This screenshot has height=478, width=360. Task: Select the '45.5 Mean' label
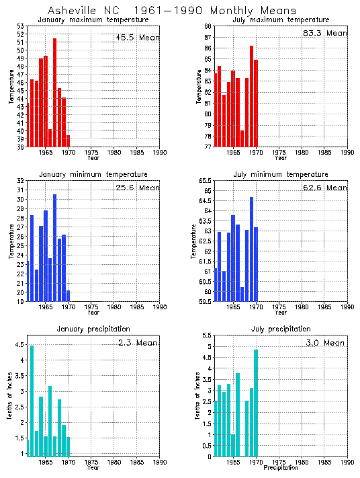(136, 37)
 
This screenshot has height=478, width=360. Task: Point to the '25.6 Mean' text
(136, 188)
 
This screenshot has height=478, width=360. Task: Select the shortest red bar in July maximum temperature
(242, 138)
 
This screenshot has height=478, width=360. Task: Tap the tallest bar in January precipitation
(32, 401)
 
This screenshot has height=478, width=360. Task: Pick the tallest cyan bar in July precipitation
(256, 403)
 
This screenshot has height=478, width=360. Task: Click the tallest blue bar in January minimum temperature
(54, 245)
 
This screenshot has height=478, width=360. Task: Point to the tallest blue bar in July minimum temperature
(251, 249)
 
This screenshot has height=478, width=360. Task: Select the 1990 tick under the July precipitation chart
(347, 463)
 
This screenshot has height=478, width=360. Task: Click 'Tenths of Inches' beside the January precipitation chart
(11, 399)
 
